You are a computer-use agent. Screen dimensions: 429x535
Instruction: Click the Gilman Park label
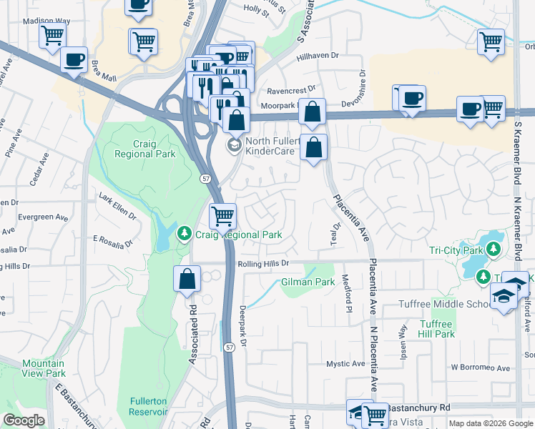click(308, 282)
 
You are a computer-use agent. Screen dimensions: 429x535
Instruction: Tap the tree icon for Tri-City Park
click(493, 249)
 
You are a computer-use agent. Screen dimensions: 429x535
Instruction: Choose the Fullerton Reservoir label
click(149, 406)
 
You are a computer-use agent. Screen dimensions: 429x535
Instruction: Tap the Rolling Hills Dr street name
click(262, 263)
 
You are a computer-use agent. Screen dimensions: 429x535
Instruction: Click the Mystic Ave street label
click(346, 364)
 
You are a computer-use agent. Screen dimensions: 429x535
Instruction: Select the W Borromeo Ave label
click(480, 368)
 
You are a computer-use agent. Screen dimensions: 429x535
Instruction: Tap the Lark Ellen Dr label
click(117, 207)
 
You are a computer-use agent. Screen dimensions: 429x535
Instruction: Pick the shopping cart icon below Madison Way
click(52, 35)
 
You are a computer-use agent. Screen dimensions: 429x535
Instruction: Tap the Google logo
click(24, 420)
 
